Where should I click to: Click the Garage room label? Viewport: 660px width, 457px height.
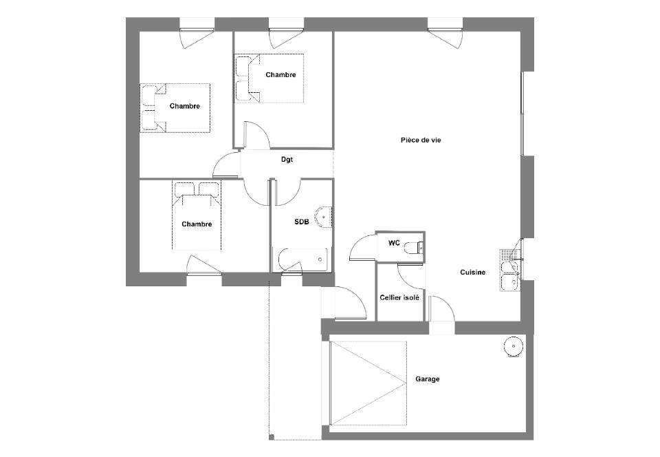click(x=427, y=379)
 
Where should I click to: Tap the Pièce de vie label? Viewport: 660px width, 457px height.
click(x=421, y=140)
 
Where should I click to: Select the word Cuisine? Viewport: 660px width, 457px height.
click(x=472, y=273)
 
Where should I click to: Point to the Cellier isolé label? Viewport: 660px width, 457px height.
click(x=399, y=298)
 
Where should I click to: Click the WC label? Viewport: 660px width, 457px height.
click(x=394, y=243)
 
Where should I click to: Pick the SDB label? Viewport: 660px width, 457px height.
click(x=301, y=222)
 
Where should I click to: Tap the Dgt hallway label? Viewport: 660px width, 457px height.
click(x=287, y=160)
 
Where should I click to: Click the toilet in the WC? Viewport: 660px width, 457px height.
click(x=413, y=247)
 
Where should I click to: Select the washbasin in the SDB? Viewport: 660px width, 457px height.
click(x=323, y=217)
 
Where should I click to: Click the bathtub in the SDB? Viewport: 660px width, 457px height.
click(x=302, y=260)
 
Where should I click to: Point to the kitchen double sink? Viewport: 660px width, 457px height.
click(x=510, y=270)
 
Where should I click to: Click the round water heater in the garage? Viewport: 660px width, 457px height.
click(x=514, y=346)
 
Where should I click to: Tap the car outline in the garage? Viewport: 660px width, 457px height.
click(x=368, y=383)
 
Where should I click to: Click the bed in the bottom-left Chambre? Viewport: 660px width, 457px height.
click(x=197, y=215)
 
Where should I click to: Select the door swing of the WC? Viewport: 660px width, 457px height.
click(x=363, y=247)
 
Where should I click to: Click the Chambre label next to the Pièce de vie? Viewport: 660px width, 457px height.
click(x=280, y=75)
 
